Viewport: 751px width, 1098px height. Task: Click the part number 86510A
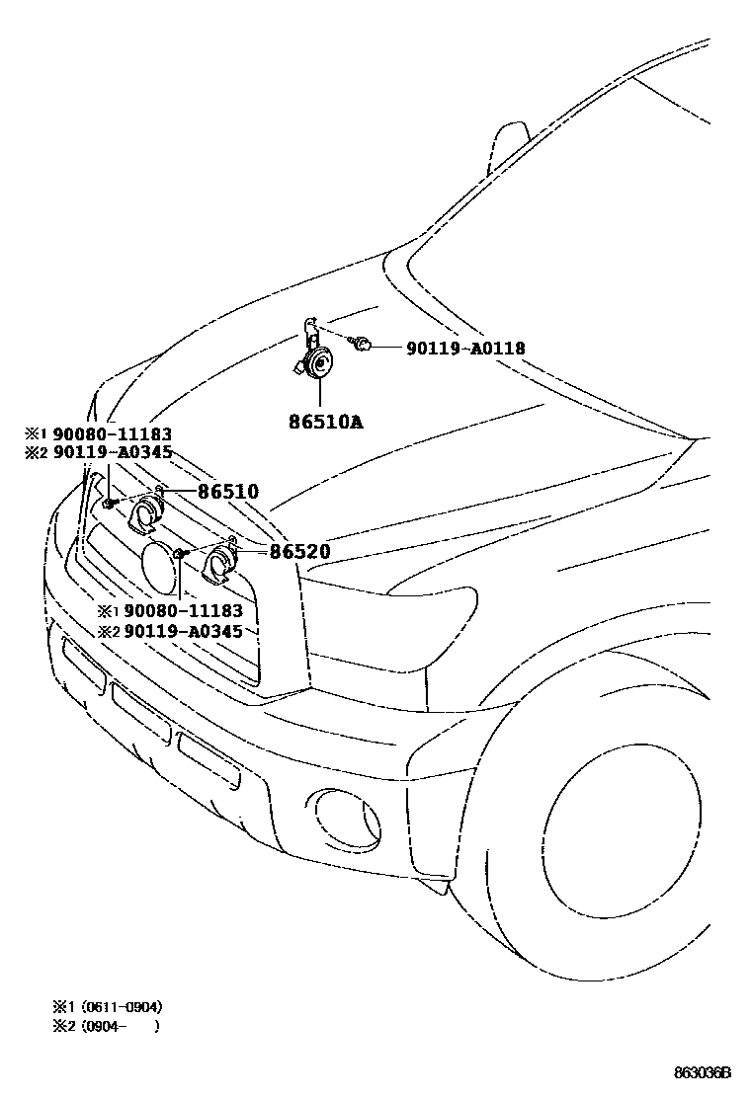[x=325, y=422]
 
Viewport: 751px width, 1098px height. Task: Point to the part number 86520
[x=299, y=552]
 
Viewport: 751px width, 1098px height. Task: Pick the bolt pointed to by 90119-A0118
[x=364, y=345]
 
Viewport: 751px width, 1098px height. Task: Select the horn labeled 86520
[x=216, y=568]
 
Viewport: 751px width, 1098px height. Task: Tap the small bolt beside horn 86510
[x=106, y=504]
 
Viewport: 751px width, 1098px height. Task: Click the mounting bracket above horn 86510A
[x=309, y=328]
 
